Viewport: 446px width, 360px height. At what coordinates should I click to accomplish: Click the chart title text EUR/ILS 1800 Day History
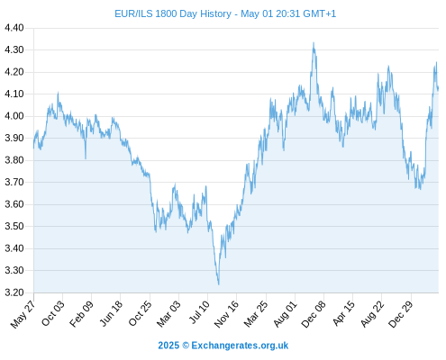point(173,13)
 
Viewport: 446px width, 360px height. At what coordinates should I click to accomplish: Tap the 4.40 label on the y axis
point(14,28)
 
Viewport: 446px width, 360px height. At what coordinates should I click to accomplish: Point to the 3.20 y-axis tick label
point(14,292)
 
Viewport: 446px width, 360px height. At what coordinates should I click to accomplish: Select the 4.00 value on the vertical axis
point(14,116)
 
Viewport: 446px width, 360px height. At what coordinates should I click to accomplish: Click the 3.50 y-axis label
point(14,226)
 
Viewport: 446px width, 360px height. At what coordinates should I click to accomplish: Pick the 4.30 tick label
point(14,49)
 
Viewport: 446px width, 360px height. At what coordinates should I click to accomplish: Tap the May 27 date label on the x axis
point(23,314)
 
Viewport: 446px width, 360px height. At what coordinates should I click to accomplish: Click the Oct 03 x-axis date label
point(53,313)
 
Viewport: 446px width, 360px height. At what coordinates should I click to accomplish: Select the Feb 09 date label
point(81,313)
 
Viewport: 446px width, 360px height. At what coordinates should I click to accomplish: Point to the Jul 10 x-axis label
point(199,312)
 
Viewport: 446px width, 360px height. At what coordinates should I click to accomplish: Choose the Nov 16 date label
point(226,313)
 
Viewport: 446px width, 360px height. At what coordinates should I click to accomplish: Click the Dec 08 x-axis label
point(314,314)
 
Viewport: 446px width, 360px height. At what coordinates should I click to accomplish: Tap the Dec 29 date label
point(400,314)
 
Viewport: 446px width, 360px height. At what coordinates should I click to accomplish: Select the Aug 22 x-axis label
point(372,313)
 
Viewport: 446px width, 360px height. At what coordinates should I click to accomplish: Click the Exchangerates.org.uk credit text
point(240,346)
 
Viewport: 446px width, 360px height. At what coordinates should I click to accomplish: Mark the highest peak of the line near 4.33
point(314,42)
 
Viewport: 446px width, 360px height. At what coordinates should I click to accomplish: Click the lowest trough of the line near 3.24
point(219,284)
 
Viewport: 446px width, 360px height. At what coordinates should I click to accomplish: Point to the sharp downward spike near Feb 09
point(86,158)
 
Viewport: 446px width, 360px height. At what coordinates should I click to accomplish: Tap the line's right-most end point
point(438,89)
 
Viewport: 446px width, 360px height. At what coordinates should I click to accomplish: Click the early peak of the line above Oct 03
point(58,93)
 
